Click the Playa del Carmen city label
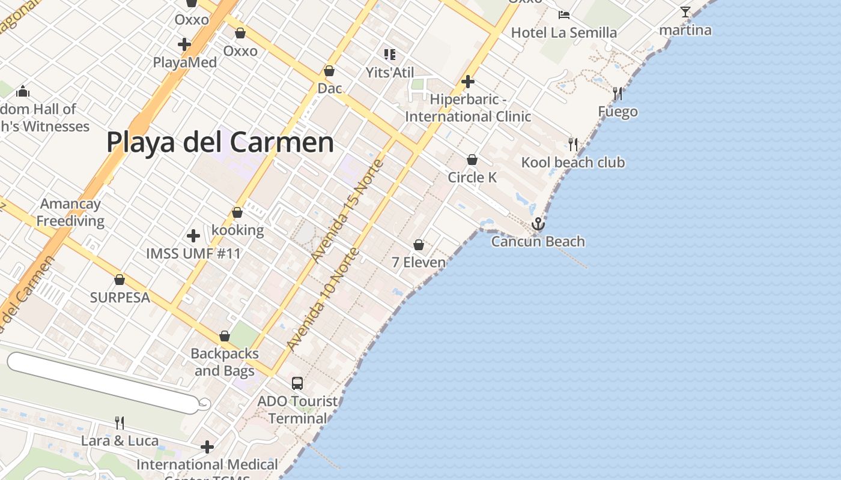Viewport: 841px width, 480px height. (x=220, y=143)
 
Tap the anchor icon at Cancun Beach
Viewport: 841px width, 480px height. (x=538, y=224)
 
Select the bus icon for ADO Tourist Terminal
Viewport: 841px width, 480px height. (x=297, y=383)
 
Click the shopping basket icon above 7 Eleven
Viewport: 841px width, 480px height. (x=419, y=245)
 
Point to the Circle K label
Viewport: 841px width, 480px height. (x=472, y=178)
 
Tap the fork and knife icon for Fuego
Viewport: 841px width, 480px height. (x=617, y=93)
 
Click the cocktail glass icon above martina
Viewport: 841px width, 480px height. (x=685, y=12)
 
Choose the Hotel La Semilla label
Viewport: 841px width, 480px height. (x=563, y=32)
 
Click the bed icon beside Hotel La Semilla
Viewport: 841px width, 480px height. (x=563, y=14)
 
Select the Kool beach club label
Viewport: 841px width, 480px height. (x=572, y=163)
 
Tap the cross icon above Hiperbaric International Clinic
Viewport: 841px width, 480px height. (x=468, y=81)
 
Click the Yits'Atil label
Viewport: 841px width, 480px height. (x=390, y=73)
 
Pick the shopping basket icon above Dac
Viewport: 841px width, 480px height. (x=329, y=71)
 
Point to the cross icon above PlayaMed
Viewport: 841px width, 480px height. (x=184, y=44)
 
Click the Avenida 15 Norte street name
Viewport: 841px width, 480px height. (x=348, y=211)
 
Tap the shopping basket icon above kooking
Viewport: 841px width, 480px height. (x=237, y=212)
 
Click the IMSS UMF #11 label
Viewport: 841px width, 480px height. (x=193, y=254)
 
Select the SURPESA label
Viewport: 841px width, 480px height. (x=120, y=298)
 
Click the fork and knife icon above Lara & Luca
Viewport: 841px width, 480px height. (x=120, y=423)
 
